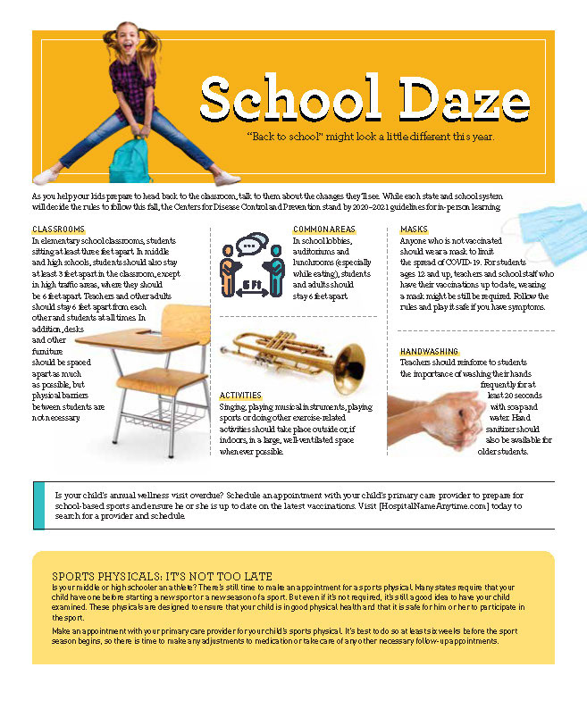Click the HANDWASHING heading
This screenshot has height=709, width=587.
[x=429, y=352]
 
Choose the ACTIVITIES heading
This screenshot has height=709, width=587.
[x=240, y=395]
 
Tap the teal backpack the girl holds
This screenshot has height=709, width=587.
[x=131, y=159]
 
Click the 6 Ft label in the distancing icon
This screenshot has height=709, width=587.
[x=252, y=285]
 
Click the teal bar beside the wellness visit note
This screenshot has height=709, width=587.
[x=38, y=505]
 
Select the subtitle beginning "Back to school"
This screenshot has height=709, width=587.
[x=370, y=138]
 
